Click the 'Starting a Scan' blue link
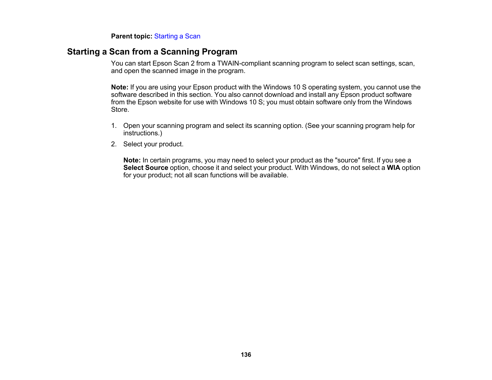[177, 36]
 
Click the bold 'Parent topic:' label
[131, 36]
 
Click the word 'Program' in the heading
[219, 52]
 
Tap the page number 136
[246, 355]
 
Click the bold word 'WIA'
[393, 168]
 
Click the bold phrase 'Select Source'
[146, 168]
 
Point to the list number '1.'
[114, 126]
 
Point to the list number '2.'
[114, 144]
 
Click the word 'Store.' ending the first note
[120, 110]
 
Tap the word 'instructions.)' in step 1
[143, 133]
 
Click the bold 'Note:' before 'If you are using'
[120, 87]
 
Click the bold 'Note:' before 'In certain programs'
[132, 160]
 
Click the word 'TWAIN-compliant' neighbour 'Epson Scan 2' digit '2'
[192, 63]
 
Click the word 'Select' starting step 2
[132, 144]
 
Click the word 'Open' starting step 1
[131, 126]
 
